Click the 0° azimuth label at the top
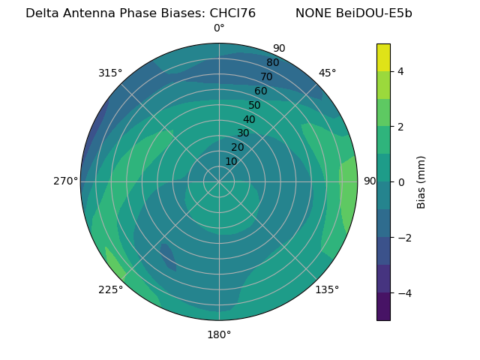pos(219,28)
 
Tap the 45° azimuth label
pos(327,73)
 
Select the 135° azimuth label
pos(327,289)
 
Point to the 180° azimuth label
pos(219,334)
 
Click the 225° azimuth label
pos(110,290)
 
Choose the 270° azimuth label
pos(66,181)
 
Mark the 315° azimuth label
pos(110,73)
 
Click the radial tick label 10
pos(231,161)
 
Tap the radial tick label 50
pos(255,106)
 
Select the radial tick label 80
pos(272,63)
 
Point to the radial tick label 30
pos(243,133)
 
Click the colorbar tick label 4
pos(400,72)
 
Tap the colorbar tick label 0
pos(400,182)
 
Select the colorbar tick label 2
pos(400,127)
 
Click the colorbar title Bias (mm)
pos(421,182)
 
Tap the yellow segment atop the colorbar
pos(383,58)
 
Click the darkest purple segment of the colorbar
pos(383,307)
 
